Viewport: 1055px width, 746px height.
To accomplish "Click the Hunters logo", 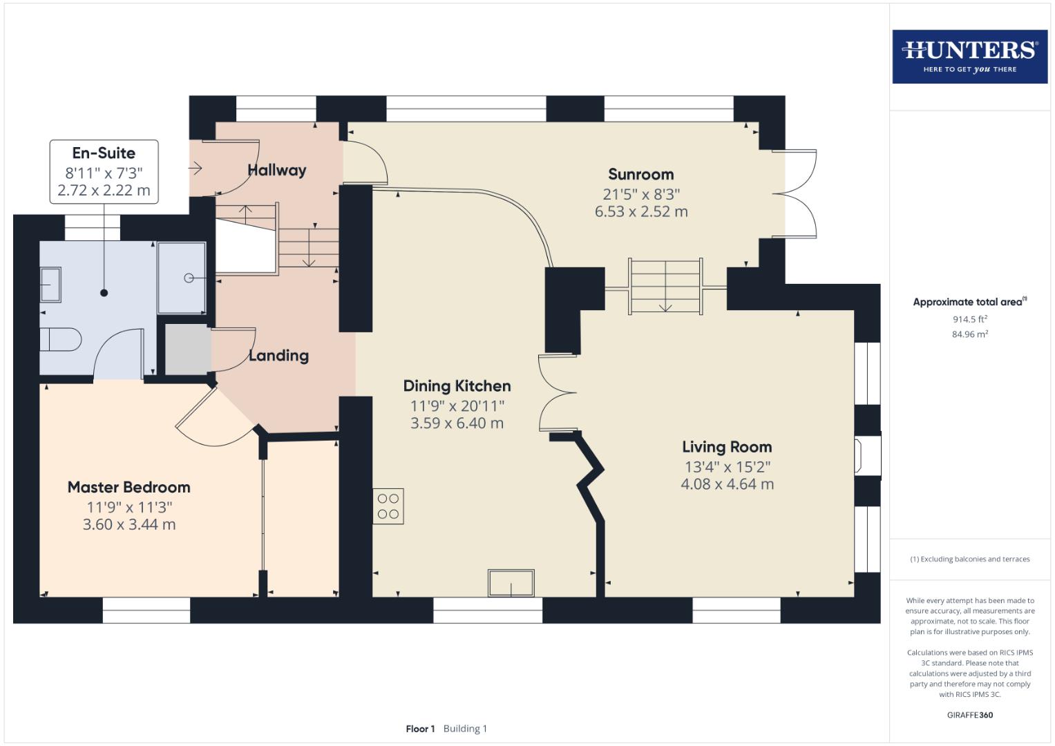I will click(969, 56).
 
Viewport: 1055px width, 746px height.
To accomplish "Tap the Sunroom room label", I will click(640, 175).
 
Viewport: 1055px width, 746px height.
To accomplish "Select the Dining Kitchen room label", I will click(457, 386).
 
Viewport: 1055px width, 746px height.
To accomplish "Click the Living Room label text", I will click(727, 447).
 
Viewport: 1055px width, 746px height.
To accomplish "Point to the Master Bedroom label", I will click(129, 487).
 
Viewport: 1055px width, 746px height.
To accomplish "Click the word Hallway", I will click(276, 170).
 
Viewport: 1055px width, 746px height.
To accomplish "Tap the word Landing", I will click(278, 356).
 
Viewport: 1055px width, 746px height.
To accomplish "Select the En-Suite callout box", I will click(104, 172).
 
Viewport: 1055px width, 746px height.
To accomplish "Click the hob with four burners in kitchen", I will click(388, 506).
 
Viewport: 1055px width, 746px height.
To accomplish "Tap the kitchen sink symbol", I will click(511, 583).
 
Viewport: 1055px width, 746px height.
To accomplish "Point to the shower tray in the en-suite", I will click(182, 278).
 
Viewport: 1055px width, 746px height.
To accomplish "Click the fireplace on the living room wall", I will click(868, 455).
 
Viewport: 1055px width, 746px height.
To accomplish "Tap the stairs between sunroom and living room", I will click(665, 286).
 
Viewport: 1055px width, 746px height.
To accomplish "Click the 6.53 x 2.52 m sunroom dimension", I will click(640, 212).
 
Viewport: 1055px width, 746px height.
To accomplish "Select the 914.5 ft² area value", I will click(969, 319).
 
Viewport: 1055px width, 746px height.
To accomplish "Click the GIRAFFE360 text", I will click(969, 715).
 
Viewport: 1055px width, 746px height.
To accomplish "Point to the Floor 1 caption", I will click(420, 729).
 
